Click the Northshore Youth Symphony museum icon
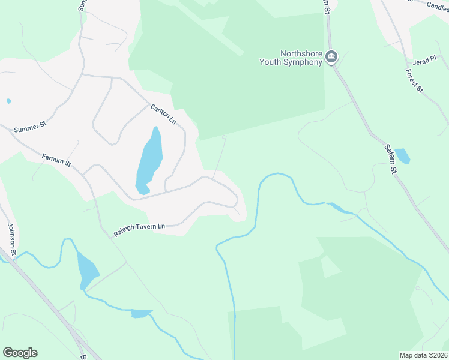(x=331, y=57)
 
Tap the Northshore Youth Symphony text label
(x=291, y=57)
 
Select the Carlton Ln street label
(x=163, y=113)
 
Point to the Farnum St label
(x=56, y=160)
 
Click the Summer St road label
(x=30, y=128)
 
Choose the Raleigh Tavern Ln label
(x=139, y=229)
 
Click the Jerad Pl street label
(x=423, y=62)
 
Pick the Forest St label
(x=414, y=80)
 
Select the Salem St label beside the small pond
(x=391, y=159)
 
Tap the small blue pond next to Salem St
(x=403, y=156)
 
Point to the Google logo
(x=20, y=353)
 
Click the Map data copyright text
(x=423, y=355)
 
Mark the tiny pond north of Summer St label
(x=8, y=101)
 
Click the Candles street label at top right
(x=438, y=5)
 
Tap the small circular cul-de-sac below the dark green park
(x=224, y=137)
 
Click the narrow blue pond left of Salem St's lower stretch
(x=336, y=208)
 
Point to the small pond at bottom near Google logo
(x=140, y=313)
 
